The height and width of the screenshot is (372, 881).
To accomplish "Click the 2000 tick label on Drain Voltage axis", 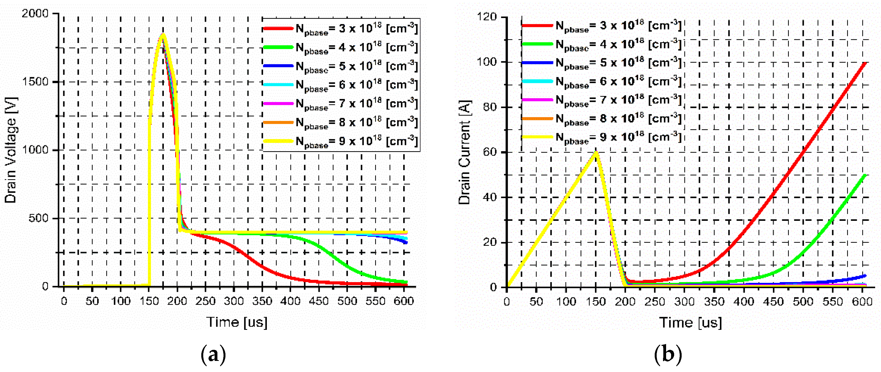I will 35,14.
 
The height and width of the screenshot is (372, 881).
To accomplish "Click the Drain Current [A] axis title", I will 465,152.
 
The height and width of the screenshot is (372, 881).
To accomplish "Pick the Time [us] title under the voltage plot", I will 237,322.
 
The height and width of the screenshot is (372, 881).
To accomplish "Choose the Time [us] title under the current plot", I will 691,322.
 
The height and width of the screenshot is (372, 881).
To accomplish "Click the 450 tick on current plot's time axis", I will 773,302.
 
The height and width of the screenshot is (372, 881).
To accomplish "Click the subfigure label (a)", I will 214,355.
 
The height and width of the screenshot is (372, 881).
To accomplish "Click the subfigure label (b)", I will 667,355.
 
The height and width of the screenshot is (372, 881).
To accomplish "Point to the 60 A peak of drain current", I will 596,152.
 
